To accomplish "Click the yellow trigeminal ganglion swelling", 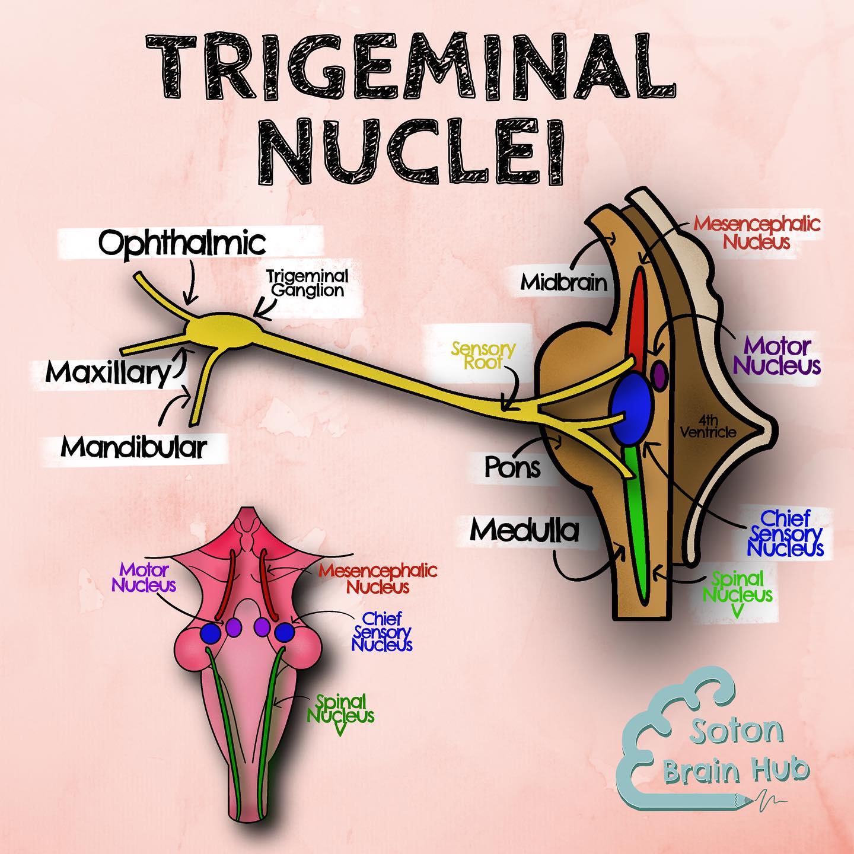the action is [x=225, y=332].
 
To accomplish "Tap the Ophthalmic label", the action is [x=182, y=243].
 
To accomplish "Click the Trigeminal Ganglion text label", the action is [x=308, y=283].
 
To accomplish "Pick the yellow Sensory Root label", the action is [x=483, y=355].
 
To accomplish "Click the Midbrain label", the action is [x=564, y=282].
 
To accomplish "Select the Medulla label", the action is [x=525, y=530].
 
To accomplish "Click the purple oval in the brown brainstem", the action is [x=659, y=376].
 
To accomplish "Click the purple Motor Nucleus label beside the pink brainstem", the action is [x=144, y=578].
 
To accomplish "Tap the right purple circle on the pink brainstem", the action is [x=262, y=627].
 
